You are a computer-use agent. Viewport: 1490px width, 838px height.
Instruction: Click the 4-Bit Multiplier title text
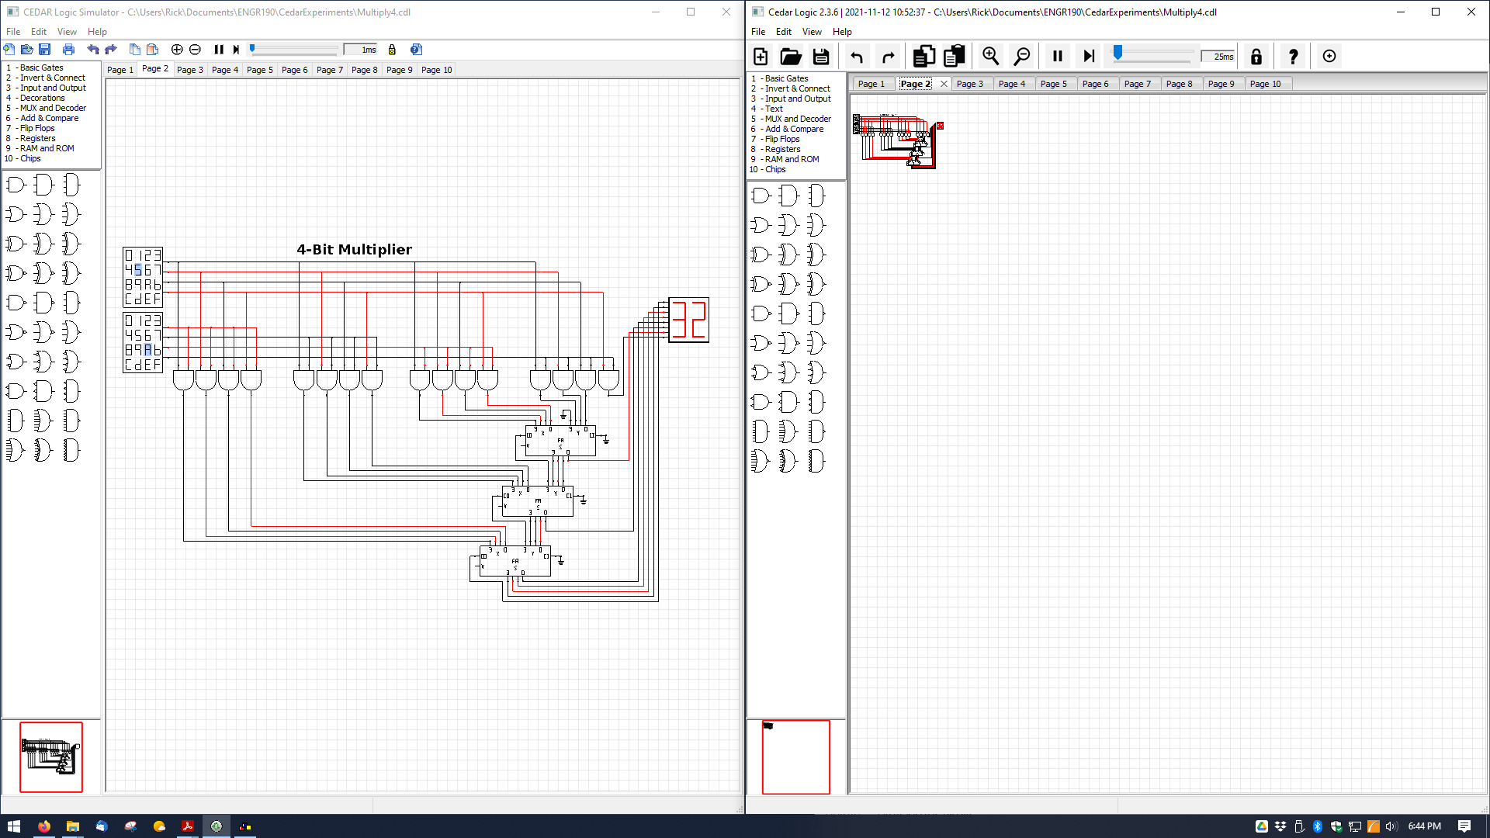(x=354, y=249)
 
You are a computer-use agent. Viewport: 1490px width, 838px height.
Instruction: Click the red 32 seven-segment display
(x=688, y=320)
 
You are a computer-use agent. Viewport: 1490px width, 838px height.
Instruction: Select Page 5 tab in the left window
(x=259, y=70)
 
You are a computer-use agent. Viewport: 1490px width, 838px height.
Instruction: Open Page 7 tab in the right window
(x=1137, y=84)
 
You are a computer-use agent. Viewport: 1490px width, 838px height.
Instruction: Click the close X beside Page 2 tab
(x=944, y=84)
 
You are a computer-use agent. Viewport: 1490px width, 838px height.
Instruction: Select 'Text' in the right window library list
(x=774, y=109)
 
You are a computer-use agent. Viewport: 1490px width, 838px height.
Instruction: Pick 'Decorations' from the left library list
(x=42, y=98)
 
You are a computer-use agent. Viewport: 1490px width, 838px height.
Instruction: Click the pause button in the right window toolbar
(x=1057, y=56)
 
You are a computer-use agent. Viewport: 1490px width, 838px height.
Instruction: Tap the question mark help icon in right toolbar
(x=1292, y=56)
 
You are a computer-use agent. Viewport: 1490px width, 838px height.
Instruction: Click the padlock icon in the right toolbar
(x=1256, y=56)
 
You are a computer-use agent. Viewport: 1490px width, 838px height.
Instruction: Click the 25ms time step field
(x=1218, y=56)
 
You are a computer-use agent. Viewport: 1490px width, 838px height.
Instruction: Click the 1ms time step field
(x=362, y=50)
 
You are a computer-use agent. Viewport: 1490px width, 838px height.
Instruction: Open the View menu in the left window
(x=67, y=32)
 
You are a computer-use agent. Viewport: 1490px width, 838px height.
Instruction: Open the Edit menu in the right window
(x=784, y=32)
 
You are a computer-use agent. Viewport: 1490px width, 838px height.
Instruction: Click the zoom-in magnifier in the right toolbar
(x=990, y=56)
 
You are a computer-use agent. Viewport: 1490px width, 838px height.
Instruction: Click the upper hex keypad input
(x=143, y=277)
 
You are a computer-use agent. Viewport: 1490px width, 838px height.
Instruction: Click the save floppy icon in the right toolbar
(x=820, y=56)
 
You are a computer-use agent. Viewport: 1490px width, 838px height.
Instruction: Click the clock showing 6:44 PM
(x=1424, y=826)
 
